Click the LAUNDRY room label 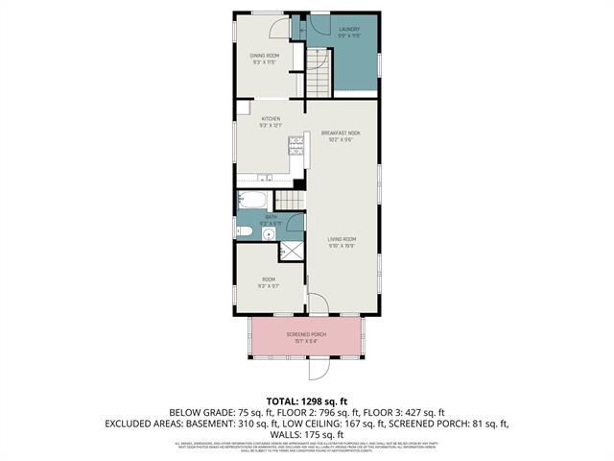pos(349,30)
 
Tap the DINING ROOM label pos(265,56)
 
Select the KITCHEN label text pos(271,119)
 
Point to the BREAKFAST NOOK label pos(341,133)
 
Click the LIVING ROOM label pos(342,239)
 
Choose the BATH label pos(271,218)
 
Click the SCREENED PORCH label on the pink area pos(306,334)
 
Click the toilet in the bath pos(244,232)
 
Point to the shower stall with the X pos(291,252)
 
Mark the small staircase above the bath pos(290,200)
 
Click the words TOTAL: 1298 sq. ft pos(306,400)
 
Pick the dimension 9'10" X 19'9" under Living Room pos(342,245)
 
